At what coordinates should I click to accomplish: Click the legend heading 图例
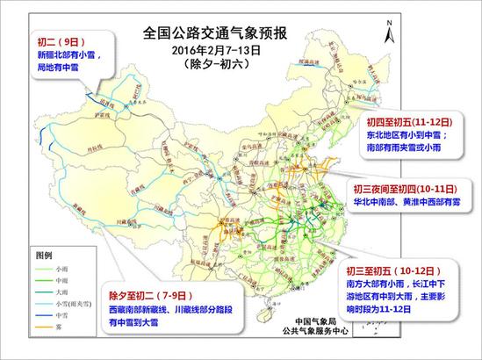(x=45, y=254)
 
